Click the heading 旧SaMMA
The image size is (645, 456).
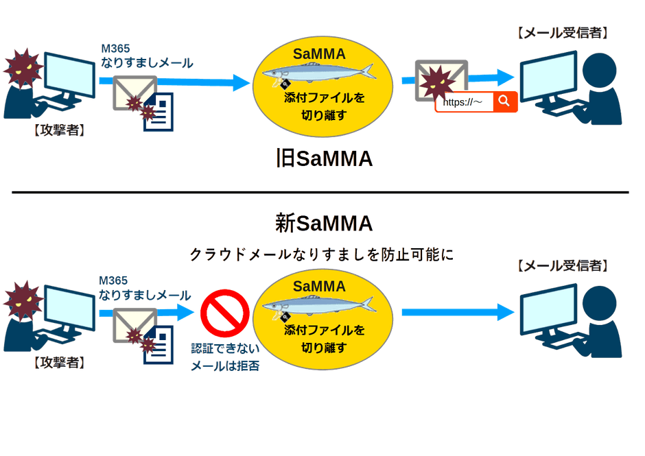point(323,159)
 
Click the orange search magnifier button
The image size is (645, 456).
point(504,102)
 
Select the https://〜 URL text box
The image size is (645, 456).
point(465,102)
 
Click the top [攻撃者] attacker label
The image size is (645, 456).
point(59,130)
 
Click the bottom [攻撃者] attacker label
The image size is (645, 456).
point(59,363)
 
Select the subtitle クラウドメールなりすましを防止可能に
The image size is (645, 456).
point(322,254)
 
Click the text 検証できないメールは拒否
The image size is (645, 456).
point(224,357)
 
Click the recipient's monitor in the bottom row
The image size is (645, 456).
point(546,304)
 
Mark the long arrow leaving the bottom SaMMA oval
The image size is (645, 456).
point(457,313)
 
